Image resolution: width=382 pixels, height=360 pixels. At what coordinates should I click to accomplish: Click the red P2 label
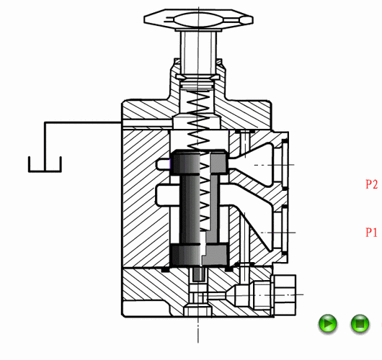pos(371,184)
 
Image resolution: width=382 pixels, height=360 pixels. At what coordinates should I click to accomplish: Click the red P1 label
pos(371,233)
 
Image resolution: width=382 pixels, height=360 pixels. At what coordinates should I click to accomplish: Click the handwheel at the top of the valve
pos(198,19)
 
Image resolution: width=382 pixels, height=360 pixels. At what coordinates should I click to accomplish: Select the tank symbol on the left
pos(45,164)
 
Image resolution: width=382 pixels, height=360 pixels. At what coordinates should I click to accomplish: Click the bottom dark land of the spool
pos(199,255)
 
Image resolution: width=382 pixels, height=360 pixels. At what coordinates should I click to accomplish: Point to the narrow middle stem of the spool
pos(199,209)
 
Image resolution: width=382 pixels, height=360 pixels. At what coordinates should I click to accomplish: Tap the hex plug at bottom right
pos(285,295)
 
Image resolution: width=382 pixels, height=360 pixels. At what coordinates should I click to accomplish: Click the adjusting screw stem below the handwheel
pos(198,53)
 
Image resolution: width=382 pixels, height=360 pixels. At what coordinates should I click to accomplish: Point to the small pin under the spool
pos(198,274)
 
